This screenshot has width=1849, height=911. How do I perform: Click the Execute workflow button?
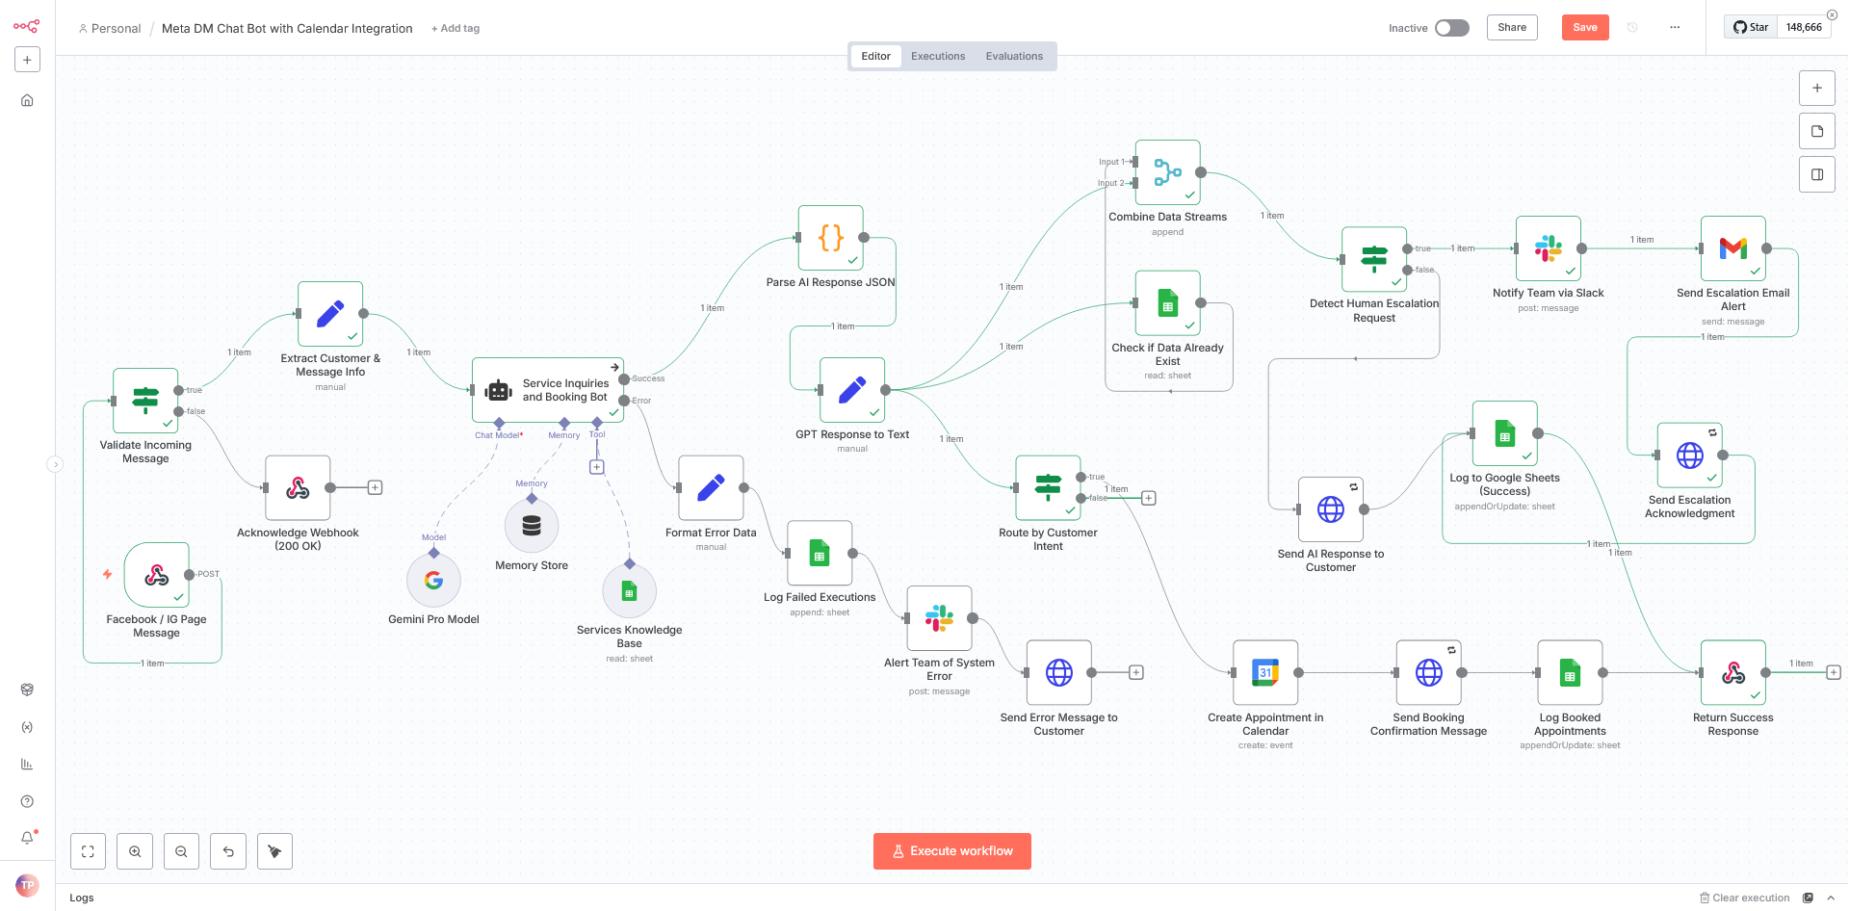point(951,851)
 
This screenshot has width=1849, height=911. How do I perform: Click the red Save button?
point(1584,27)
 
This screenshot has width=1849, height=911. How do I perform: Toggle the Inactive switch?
point(1451,28)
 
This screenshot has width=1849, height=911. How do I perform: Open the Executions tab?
point(937,56)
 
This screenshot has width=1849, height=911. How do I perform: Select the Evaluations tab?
point(1013,56)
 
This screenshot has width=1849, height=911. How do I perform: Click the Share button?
point(1511,27)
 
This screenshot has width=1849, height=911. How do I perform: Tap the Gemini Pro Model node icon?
point(433,580)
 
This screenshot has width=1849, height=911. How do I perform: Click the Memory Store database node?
point(532,526)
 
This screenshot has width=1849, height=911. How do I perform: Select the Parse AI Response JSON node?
point(830,238)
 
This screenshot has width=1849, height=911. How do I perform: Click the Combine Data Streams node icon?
point(1167,172)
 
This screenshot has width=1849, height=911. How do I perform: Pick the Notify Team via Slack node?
point(1548,248)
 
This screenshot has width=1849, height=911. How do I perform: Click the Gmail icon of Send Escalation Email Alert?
point(1732,248)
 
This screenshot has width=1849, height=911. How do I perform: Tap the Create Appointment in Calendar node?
point(1265,672)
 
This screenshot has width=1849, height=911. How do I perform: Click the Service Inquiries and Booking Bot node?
point(548,390)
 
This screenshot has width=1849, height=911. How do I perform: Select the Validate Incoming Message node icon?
point(145,400)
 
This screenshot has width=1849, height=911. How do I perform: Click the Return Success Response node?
point(1732,672)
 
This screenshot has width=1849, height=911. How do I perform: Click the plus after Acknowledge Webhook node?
point(376,487)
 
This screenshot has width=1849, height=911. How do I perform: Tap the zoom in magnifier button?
point(135,851)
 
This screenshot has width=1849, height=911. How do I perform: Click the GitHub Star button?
point(1751,27)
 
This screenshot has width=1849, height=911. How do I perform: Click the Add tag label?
point(456,29)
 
